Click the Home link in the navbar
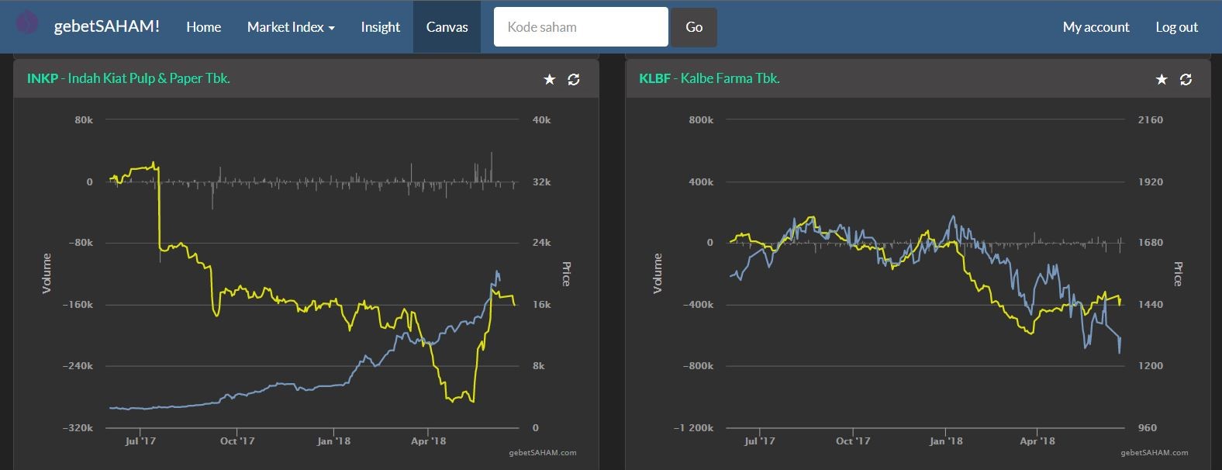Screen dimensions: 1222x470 coord(203,26)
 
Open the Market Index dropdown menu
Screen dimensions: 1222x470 coord(291,26)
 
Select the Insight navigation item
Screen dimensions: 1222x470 coord(380,26)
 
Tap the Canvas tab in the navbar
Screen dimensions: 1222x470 coord(447,26)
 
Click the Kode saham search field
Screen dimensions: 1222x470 coord(581,26)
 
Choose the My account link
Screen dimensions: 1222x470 coord(1096,26)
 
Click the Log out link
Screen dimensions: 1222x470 coord(1177,26)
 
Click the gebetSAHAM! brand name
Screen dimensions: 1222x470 coord(106,26)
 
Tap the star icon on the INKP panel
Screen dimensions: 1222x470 coord(549,80)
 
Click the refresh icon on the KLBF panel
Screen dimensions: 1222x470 coord(1186,80)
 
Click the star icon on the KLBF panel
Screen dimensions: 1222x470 coord(1162,80)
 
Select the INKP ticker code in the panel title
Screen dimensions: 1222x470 coord(43,78)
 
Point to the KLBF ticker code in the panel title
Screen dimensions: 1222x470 coord(654,78)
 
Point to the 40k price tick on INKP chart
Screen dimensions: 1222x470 coord(542,120)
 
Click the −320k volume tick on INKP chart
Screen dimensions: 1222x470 coord(78,428)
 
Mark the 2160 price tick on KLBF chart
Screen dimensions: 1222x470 coord(1151,120)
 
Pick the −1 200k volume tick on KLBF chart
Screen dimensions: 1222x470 coord(693,428)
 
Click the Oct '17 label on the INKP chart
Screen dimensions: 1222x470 coord(237,441)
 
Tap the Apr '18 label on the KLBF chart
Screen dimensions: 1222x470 coord(1037,441)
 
